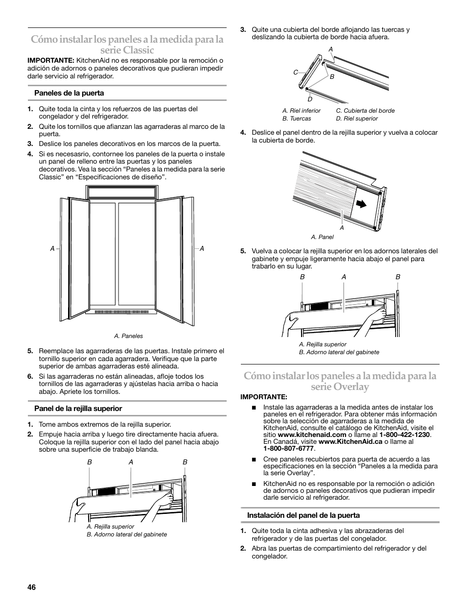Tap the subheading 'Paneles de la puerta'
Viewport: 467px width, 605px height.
coord(69,93)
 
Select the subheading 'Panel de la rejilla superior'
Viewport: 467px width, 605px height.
coord(78,409)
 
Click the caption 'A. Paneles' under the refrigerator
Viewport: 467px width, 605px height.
coord(128,336)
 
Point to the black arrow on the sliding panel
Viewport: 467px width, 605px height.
coord(361,204)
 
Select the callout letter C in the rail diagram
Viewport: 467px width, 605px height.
coord(296,73)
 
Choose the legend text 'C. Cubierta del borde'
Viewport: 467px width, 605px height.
coord(365,111)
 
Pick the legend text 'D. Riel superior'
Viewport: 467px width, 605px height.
coord(357,119)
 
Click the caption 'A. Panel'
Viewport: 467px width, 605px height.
coord(322,237)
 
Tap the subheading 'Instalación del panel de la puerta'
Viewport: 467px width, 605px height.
coord(304,515)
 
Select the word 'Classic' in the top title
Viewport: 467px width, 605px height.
coord(136,50)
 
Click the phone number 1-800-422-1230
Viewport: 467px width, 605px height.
coord(404,435)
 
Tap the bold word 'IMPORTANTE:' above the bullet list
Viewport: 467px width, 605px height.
coord(263,397)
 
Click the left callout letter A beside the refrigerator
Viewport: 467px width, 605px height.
coord(52,249)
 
